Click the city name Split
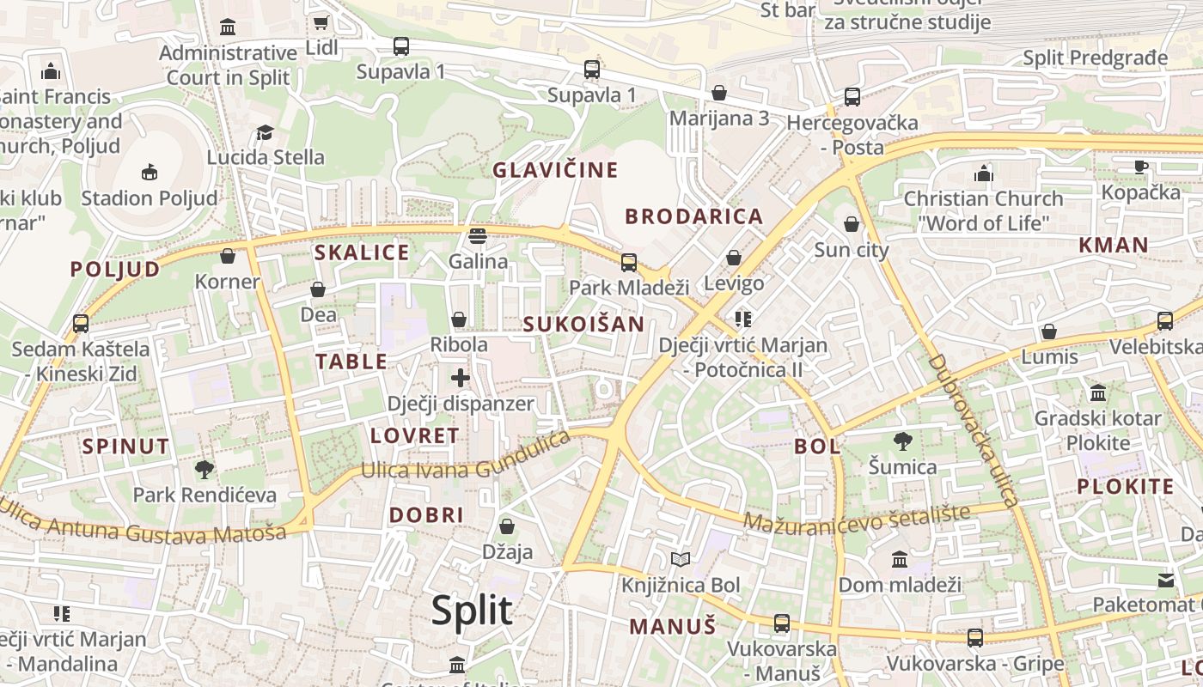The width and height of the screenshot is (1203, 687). (472, 611)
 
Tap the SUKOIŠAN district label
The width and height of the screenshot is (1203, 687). (583, 324)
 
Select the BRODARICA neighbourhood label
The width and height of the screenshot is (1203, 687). (693, 216)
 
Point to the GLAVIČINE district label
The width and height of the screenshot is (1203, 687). (555, 170)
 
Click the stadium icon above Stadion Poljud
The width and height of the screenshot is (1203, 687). (150, 172)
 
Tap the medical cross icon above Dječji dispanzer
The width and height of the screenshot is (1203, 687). (461, 377)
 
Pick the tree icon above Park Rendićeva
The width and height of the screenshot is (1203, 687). (205, 469)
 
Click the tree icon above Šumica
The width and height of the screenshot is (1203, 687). (902, 441)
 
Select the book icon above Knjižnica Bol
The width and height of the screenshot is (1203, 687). (681, 560)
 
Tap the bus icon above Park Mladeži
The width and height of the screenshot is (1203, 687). (629, 262)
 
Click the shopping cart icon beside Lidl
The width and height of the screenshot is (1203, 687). (321, 23)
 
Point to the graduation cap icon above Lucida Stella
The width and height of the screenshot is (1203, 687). (265, 132)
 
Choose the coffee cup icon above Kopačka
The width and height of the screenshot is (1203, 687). (1140, 167)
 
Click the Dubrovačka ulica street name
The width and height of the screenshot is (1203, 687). (973, 429)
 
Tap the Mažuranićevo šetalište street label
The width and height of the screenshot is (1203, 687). (856, 518)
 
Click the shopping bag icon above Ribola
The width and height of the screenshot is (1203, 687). (459, 319)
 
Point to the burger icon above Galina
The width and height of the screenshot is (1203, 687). (478, 235)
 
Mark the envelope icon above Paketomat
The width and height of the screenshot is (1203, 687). (1165, 580)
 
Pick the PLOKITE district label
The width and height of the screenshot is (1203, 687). (1125, 486)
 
